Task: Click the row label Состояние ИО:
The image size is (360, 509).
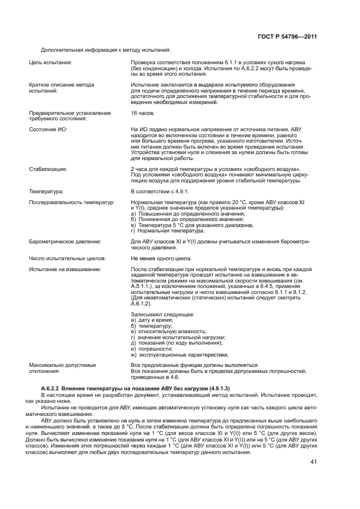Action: (x=48, y=128)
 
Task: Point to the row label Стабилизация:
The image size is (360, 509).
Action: (x=48, y=169)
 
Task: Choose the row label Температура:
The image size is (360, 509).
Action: (x=47, y=192)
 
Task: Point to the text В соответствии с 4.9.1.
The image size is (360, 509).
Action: (x=160, y=192)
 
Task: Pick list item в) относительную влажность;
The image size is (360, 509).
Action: (x=168, y=332)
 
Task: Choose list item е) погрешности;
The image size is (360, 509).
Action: (x=151, y=348)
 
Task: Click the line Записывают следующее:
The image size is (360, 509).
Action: (x=162, y=315)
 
